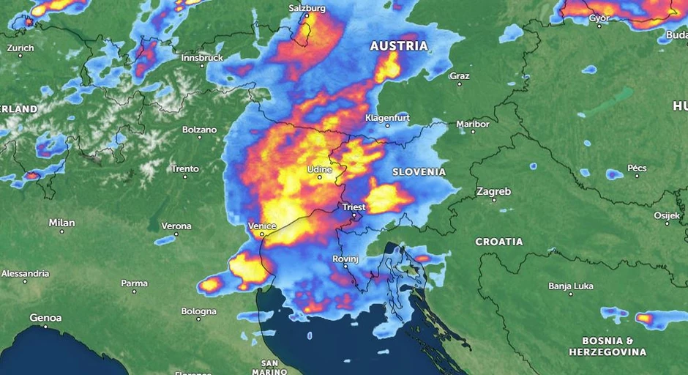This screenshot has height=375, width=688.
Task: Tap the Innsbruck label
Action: point(201,57)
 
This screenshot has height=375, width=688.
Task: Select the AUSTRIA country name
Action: point(399,46)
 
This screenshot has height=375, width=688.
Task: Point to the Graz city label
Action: point(460,75)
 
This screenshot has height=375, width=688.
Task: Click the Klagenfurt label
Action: point(387,117)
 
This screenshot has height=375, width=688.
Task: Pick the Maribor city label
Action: point(472,124)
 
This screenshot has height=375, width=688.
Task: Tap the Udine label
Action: point(319,169)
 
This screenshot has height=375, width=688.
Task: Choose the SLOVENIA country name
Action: point(419,172)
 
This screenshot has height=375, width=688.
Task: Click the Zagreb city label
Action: point(493,192)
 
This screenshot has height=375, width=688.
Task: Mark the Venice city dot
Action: point(264,235)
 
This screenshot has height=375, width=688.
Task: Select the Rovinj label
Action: point(345,259)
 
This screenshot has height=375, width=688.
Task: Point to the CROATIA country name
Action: point(499,242)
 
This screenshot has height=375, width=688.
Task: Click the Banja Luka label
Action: point(570,286)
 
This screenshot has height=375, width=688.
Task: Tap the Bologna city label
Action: point(199,311)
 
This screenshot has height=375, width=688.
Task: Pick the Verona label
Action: point(176,226)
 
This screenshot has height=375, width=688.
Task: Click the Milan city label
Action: point(61,223)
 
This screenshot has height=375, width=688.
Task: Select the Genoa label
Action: point(45,318)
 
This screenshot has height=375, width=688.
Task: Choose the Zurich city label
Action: point(20,48)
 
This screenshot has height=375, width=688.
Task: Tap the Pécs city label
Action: point(637,168)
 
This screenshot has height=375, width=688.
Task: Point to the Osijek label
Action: point(667,215)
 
